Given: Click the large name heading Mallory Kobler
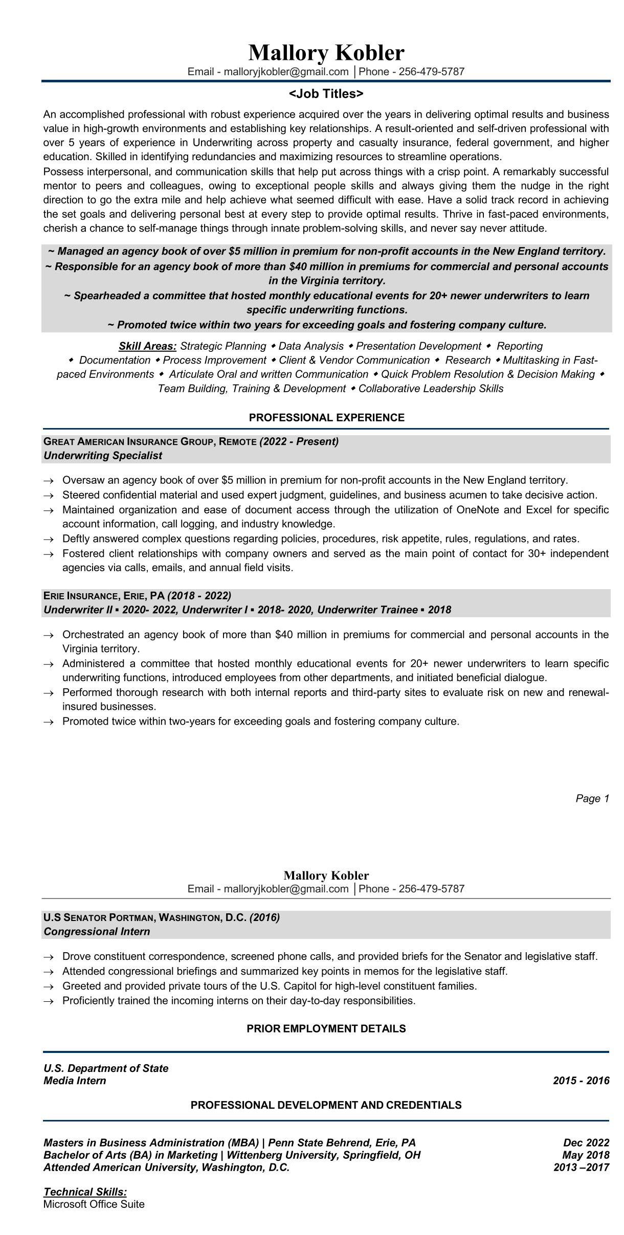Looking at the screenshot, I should pos(326,53).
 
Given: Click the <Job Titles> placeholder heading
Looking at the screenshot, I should pos(326,94).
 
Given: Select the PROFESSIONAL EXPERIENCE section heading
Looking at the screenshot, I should pos(326,417).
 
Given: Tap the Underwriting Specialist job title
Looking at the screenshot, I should pos(103,456).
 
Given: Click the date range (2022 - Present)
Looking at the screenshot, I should pos(299,441).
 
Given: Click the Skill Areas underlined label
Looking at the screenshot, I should pos(147,346).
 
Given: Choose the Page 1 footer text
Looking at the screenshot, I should pos(592,798).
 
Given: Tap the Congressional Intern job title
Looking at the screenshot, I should pos(97,931).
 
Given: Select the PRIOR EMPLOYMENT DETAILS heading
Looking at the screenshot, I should pos(326,1028).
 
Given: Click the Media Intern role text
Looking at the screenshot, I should pos(75,1081).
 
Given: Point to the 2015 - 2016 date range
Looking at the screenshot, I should pos(581,1081).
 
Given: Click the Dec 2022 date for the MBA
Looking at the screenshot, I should pos(586,1142).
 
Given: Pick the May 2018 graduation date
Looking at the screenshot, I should pos(586,1155).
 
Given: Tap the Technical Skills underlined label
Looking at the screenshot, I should pos(85,1192).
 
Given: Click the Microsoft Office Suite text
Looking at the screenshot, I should pos(94,1204).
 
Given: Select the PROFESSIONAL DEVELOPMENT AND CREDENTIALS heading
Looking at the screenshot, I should pos(326,1105).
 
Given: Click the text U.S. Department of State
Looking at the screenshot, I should pos(106,1068).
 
